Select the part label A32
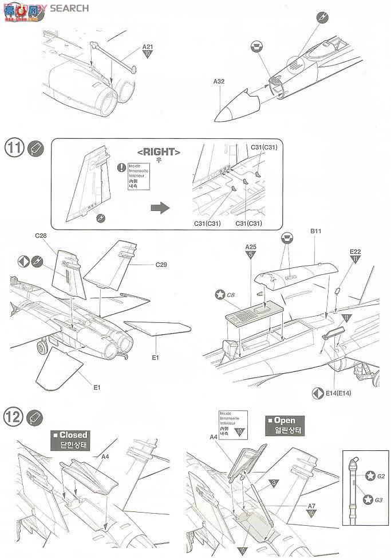point(219,82)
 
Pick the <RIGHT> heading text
point(159,152)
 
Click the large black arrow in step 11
point(160,207)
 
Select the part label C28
point(40,236)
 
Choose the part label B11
point(316,232)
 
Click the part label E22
point(356,251)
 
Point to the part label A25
point(251,247)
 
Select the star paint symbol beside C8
point(219,295)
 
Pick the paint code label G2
point(381,476)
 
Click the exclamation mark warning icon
point(121,167)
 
